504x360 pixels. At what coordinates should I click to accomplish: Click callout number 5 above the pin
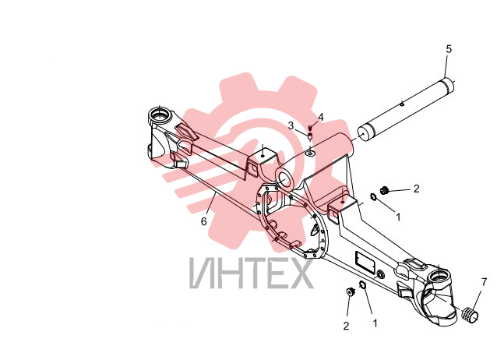point(449,49)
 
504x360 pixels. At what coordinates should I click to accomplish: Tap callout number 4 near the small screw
point(320,118)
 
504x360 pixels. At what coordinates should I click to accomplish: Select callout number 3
point(291,125)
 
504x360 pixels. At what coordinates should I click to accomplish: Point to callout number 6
point(204,221)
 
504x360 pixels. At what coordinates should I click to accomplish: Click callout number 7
point(484,282)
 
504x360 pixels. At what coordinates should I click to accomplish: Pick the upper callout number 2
point(417,189)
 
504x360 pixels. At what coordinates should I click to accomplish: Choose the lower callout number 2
point(346,326)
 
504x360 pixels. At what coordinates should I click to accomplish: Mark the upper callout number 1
point(398,217)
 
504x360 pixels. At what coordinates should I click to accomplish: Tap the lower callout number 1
point(375,323)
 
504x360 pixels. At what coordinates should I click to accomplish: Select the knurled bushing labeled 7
point(469,313)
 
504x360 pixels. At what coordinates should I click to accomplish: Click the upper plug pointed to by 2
point(384,190)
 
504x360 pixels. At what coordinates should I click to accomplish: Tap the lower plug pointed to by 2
point(350,292)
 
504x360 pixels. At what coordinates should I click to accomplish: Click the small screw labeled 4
point(310,128)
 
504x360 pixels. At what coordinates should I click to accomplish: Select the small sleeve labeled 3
point(310,136)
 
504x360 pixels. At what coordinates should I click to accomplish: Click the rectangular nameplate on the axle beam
point(365,263)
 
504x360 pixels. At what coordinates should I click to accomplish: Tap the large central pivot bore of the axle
point(284,179)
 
